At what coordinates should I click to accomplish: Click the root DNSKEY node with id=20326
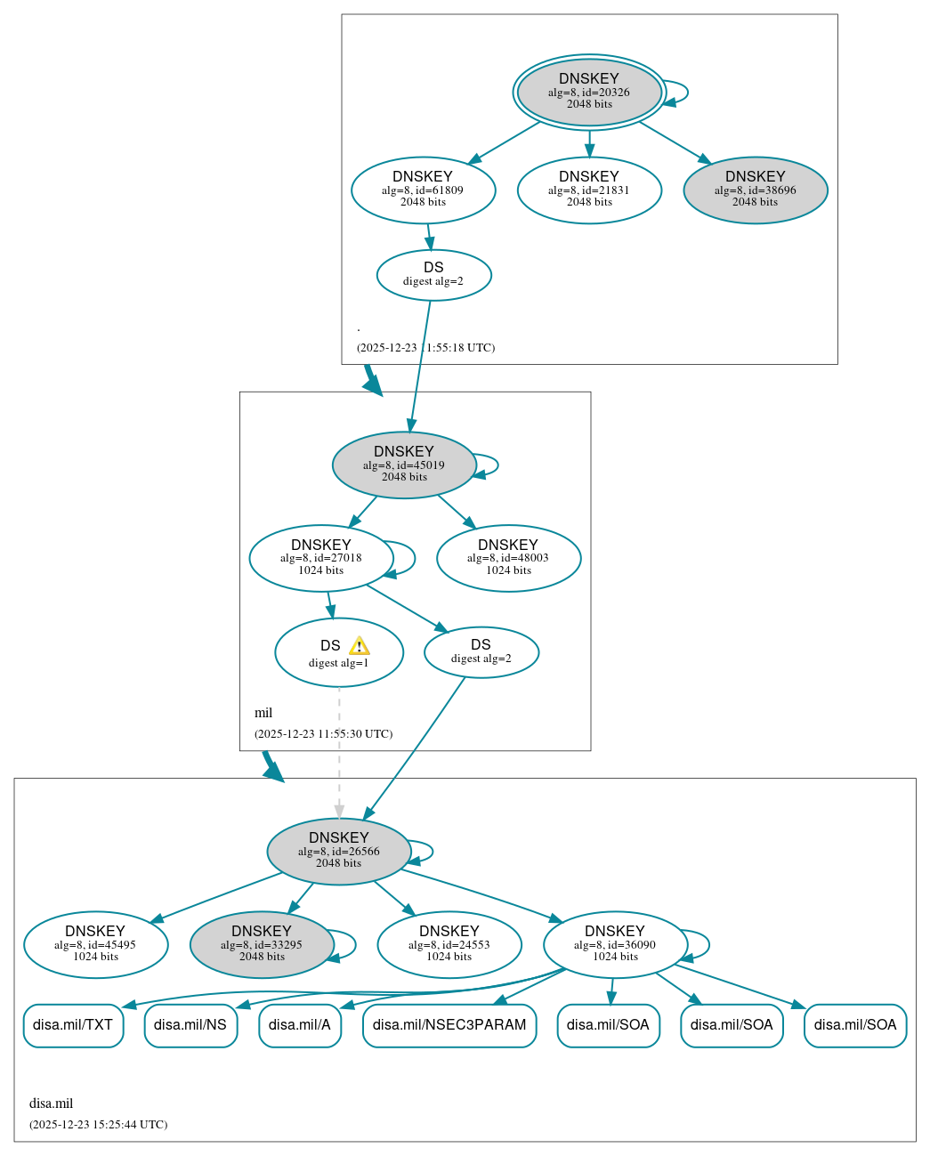pyautogui.click(x=589, y=92)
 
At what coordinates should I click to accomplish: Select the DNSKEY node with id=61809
pyautogui.click(x=423, y=190)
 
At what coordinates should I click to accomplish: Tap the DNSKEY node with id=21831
pyautogui.click(x=589, y=190)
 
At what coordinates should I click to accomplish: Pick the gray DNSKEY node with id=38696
pyautogui.click(x=755, y=190)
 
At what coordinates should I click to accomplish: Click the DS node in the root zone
pyautogui.click(x=433, y=274)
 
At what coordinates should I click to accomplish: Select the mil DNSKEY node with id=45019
pyautogui.click(x=404, y=465)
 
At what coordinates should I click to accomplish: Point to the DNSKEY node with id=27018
pyautogui.click(x=321, y=558)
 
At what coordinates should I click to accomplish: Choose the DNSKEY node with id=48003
pyautogui.click(x=508, y=558)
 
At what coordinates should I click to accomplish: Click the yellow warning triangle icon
pyautogui.click(x=359, y=646)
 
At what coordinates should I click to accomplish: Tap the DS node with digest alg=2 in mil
pyautogui.click(x=481, y=651)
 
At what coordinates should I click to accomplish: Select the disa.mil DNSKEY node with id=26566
pyautogui.click(x=338, y=851)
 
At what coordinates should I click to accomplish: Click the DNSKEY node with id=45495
pyautogui.click(x=95, y=944)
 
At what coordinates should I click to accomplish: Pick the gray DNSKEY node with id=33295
pyautogui.click(x=262, y=944)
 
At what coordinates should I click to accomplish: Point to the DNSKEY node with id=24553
pyautogui.click(x=449, y=944)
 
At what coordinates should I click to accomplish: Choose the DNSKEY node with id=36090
pyautogui.click(x=615, y=944)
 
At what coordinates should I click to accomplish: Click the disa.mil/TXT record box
pyautogui.click(x=73, y=1025)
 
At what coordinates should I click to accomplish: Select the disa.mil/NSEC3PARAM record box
pyautogui.click(x=449, y=1025)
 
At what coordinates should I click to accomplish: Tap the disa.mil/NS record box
pyautogui.click(x=190, y=1025)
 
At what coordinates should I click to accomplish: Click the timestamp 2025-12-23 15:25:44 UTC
pyautogui.click(x=98, y=1124)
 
